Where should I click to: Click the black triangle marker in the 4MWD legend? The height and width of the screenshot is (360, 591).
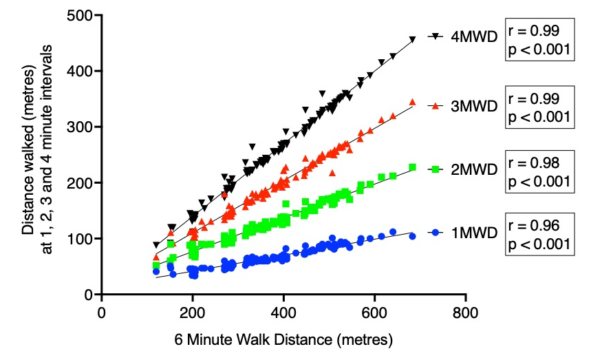(x=436, y=36)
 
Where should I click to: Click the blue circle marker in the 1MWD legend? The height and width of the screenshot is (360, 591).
(x=436, y=233)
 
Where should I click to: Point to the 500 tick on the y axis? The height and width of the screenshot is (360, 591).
(x=81, y=15)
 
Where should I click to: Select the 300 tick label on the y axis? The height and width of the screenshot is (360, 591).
(x=81, y=127)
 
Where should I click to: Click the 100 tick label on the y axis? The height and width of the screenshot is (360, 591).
(x=81, y=239)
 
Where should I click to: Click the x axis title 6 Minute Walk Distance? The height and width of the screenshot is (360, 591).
(x=283, y=340)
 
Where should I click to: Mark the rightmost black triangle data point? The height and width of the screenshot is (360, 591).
(x=412, y=40)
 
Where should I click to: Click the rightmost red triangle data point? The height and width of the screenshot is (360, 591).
(x=412, y=102)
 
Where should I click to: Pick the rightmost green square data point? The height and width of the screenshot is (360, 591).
(x=412, y=167)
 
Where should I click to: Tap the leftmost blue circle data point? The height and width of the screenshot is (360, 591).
(x=156, y=271)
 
